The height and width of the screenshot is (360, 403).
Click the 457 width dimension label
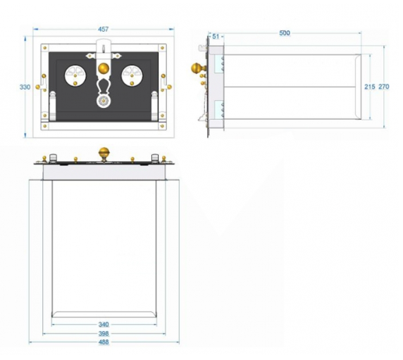pyautogui.click(x=104, y=30)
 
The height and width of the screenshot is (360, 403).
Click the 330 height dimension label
pyautogui.click(x=25, y=87)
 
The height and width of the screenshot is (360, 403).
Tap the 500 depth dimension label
pyautogui.click(x=285, y=33)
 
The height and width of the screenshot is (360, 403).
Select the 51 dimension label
pyautogui.click(x=216, y=37)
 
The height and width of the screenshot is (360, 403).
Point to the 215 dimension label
pyautogui.click(x=370, y=87)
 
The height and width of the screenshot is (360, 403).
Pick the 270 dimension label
pyautogui.click(x=384, y=87)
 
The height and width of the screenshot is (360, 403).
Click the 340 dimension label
pyautogui.click(x=104, y=325)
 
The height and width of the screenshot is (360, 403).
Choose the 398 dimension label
pyautogui.click(x=104, y=334)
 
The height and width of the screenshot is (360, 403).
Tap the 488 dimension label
pyautogui.click(x=104, y=342)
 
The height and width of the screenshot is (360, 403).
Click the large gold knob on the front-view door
pyautogui.click(x=104, y=68)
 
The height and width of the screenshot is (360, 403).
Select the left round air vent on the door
pyautogui.click(x=75, y=75)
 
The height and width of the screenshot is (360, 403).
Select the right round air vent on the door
pyautogui.click(x=132, y=75)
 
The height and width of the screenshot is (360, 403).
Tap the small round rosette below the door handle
pyautogui.click(x=104, y=101)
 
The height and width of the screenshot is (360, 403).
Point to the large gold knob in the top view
pyautogui.click(x=104, y=152)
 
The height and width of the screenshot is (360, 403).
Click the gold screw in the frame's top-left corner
pyautogui.click(x=45, y=48)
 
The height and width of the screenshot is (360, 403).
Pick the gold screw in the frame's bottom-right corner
pyautogui.click(x=162, y=126)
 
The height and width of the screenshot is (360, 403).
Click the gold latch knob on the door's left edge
pyautogui.click(x=38, y=87)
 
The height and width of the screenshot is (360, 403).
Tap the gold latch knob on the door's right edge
pyautogui.click(x=169, y=87)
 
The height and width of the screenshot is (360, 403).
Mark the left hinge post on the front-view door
pyautogui.click(x=52, y=106)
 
